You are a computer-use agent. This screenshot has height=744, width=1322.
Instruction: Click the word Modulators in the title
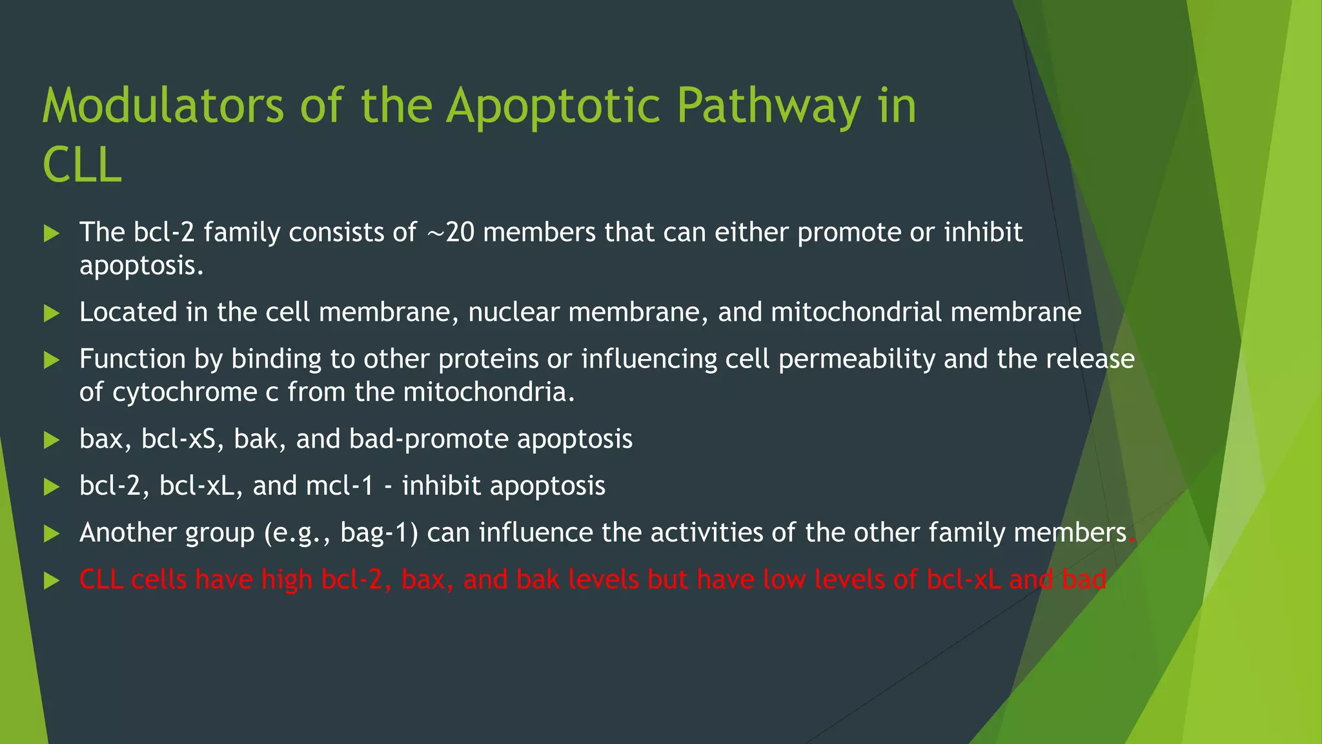coord(163,105)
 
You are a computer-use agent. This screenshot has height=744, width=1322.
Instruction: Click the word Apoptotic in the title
coord(553,105)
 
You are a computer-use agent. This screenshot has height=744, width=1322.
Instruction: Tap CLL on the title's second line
coord(82,165)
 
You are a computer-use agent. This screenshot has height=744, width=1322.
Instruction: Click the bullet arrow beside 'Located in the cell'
coord(51,314)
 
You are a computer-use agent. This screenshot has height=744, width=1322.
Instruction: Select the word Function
coord(132,359)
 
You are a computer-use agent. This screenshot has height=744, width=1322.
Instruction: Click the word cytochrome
coord(185,392)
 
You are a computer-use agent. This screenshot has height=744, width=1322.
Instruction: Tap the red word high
coord(287,579)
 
